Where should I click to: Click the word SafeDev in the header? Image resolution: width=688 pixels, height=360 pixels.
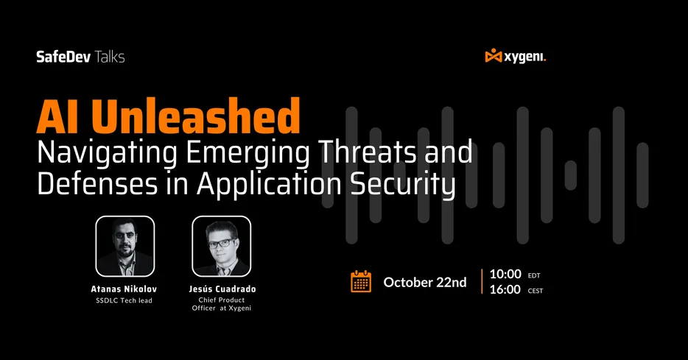tap(58, 57)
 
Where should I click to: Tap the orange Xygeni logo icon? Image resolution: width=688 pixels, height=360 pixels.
tap(494, 56)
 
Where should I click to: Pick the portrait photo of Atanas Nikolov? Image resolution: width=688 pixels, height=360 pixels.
tap(124, 246)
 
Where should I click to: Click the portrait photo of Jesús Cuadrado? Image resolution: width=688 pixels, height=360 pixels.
tap(221, 246)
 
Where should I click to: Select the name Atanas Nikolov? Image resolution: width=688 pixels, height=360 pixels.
tap(124, 289)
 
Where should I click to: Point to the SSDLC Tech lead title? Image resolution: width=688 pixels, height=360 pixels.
tap(124, 300)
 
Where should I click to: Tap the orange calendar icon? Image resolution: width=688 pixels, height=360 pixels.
tap(360, 282)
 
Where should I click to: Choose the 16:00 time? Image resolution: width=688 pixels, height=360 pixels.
tap(505, 289)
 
